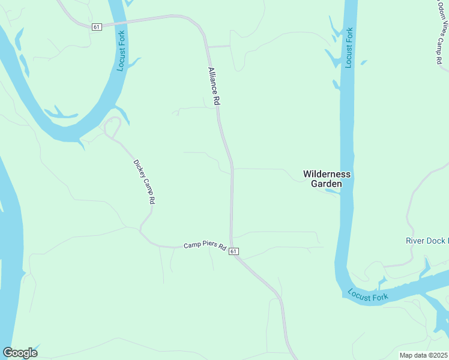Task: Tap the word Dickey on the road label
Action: click(x=137, y=168)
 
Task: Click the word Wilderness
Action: click(x=327, y=174)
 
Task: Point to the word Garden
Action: click(x=327, y=184)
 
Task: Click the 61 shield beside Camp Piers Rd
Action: click(x=234, y=251)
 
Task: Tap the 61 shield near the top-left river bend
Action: click(x=97, y=26)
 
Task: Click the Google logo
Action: click(x=20, y=353)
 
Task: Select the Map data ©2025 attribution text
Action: click(x=423, y=355)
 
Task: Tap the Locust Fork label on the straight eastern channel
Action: click(x=348, y=47)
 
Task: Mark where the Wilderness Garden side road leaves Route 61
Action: click(x=233, y=169)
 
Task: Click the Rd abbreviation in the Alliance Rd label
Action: click(x=217, y=101)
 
